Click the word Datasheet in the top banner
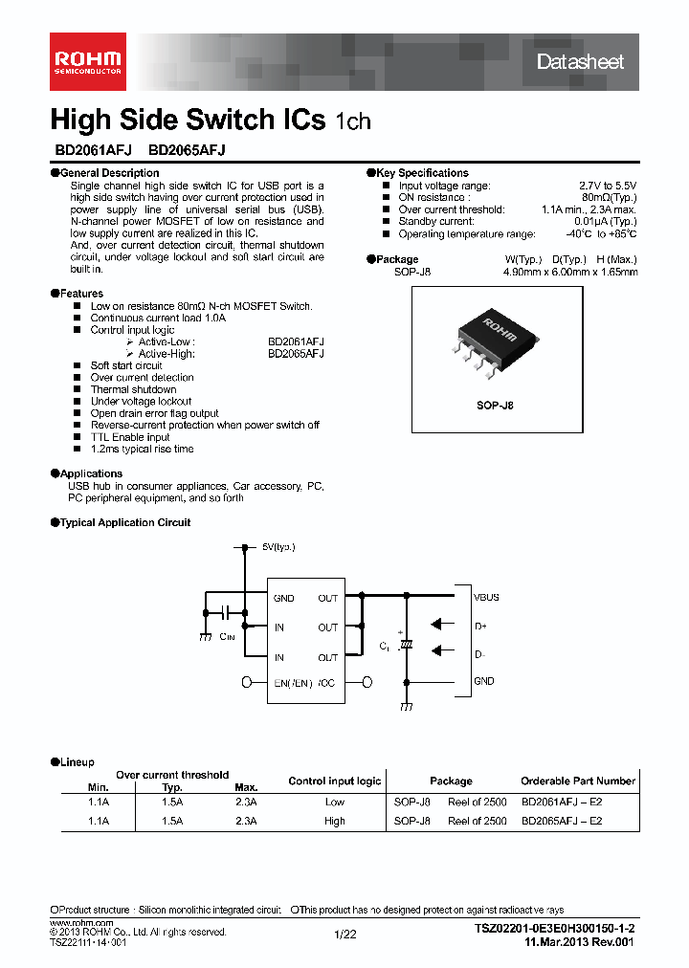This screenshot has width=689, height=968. click(x=580, y=62)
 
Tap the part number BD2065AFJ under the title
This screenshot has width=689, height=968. click(x=187, y=150)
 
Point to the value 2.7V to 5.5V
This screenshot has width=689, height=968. click(x=608, y=186)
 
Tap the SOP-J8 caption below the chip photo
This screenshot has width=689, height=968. click(x=496, y=406)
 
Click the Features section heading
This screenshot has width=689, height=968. click(x=80, y=294)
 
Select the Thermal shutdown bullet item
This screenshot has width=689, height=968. click(x=133, y=389)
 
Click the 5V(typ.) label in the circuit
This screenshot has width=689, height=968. click(x=278, y=547)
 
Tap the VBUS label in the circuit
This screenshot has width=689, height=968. click(x=486, y=597)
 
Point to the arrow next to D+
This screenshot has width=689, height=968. click(x=442, y=624)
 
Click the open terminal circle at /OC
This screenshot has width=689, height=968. click(x=367, y=682)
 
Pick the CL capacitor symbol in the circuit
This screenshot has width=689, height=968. click(x=407, y=646)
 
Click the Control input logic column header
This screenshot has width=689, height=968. click(x=334, y=781)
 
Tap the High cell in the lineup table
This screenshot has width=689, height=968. click(x=334, y=821)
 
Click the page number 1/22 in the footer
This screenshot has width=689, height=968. click(x=344, y=935)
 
